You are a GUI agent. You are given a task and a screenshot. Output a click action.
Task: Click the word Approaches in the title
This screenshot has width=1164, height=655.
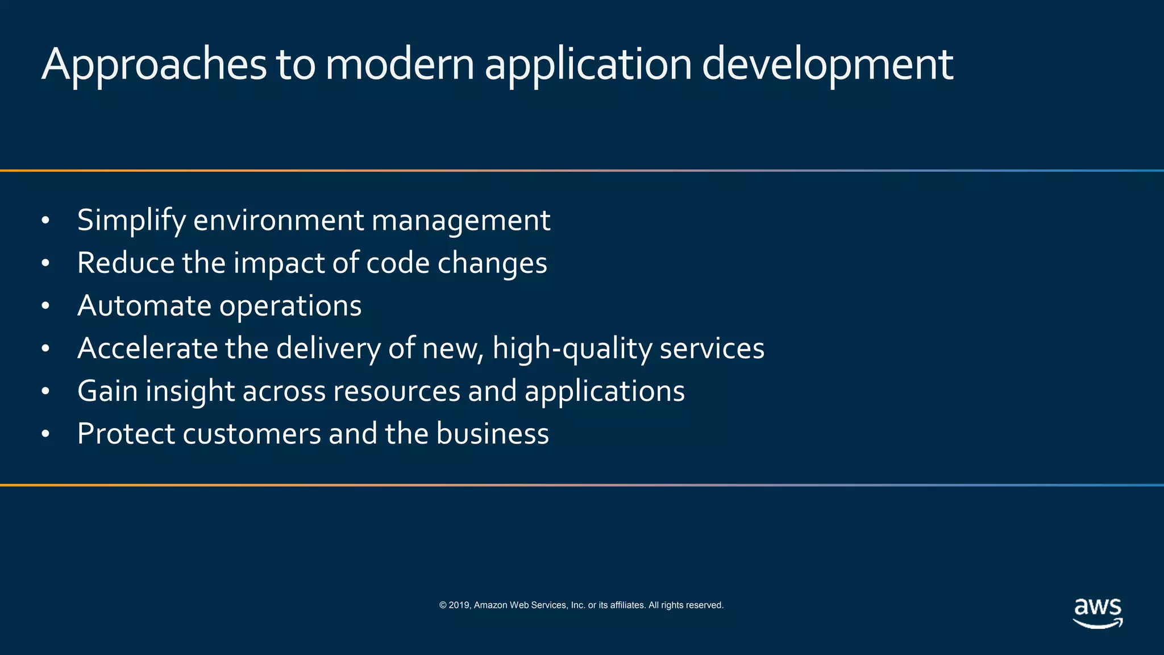click(x=154, y=64)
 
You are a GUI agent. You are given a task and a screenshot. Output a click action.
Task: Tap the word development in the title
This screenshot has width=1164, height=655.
click(x=828, y=64)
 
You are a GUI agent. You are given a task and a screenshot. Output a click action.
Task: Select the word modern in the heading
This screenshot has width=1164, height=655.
click(x=400, y=64)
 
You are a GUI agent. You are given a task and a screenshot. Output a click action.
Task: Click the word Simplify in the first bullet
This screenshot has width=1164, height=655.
click(x=131, y=221)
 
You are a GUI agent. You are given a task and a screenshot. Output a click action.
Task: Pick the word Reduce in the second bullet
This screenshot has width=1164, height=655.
click(x=126, y=263)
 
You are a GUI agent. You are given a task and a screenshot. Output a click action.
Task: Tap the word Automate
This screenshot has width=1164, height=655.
click(x=144, y=305)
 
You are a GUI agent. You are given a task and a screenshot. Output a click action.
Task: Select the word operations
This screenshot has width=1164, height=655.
click(x=290, y=306)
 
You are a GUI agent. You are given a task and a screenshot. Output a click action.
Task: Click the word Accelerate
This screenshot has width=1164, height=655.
click(x=147, y=348)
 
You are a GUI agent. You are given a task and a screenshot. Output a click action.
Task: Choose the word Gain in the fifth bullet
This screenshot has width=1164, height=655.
click(x=107, y=391)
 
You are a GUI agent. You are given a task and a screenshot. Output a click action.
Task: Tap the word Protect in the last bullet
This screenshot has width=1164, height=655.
click(x=126, y=434)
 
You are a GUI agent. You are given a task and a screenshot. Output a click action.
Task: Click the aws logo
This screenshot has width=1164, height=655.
click(x=1098, y=613)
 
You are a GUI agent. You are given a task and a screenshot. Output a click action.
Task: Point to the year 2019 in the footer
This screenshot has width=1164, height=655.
click(x=459, y=605)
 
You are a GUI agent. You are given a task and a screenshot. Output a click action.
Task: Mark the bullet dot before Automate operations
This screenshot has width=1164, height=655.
click(x=46, y=306)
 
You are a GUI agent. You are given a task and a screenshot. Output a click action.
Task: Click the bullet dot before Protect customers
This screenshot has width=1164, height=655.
click(x=46, y=434)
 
